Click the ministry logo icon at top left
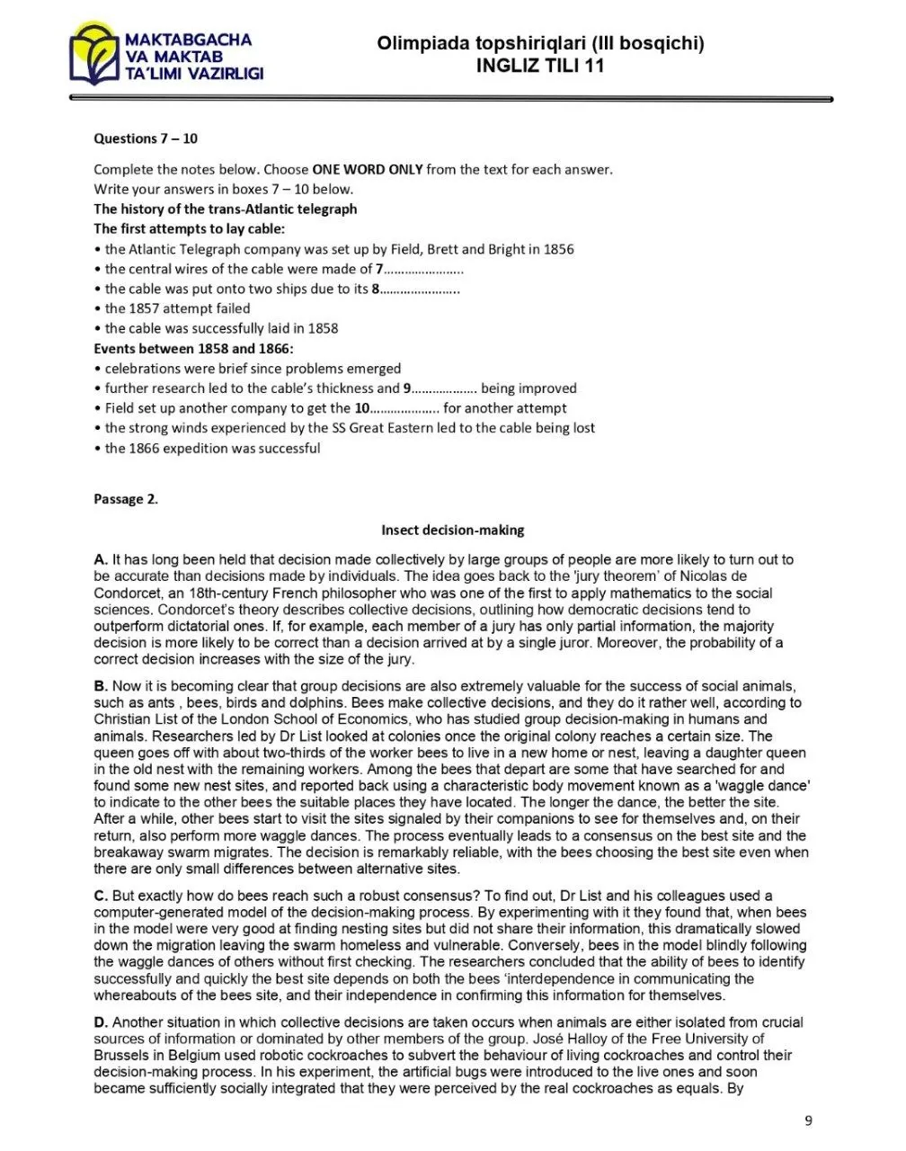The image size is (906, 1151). [96, 56]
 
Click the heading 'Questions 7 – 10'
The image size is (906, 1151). [146, 138]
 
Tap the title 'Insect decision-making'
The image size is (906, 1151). [452, 531]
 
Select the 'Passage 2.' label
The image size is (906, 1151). [126, 499]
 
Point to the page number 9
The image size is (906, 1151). [808, 1120]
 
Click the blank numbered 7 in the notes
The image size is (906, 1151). [424, 269]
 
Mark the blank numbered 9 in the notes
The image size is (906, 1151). [444, 388]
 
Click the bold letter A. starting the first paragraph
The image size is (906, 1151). [101, 559]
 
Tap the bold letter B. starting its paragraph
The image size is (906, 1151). [101, 686]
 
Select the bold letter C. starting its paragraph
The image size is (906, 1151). [101, 896]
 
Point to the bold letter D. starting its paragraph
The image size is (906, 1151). [101, 1022]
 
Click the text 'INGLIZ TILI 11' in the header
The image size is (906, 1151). [540, 66]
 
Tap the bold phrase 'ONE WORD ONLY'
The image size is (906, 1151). [367, 169]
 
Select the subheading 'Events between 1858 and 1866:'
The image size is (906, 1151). [193, 348]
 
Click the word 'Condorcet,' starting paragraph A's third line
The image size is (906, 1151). [127, 593]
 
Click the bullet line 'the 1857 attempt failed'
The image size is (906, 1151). [177, 308]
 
